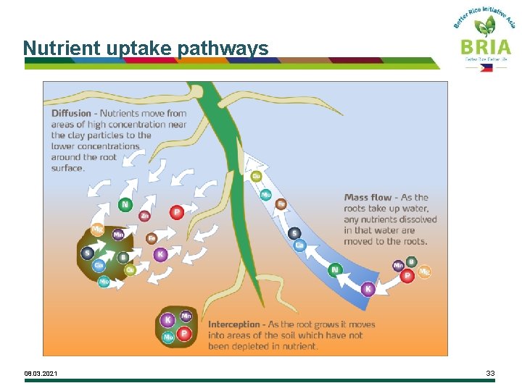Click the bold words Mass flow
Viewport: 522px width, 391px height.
pyautogui.click(x=368, y=197)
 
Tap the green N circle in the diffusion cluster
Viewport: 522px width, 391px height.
pyautogui.click(x=125, y=205)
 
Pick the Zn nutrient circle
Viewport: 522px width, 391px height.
pyautogui.click(x=145, y=215)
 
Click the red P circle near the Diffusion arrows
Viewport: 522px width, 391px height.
pyautogui.click(x=176, y=212)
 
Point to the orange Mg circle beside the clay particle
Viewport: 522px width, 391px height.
pyautogui.click(x=97, y=230)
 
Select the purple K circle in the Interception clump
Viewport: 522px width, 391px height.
pyautogui.click(x=168, y=319)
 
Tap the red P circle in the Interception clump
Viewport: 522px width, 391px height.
pyautogui.click(x=184, y=333)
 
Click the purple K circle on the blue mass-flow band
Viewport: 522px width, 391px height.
pyautogui.click(x=368, y=289)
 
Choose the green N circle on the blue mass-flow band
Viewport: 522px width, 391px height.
pyautogui.click(x=334, y=270)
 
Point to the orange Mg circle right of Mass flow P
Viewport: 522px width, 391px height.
pyautogui.click(x=424, y=272)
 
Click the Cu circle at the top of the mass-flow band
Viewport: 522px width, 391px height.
pyautogui.click(x=256, y=176)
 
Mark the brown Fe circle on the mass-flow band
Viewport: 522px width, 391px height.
pyautogui.click(x=281, y=204)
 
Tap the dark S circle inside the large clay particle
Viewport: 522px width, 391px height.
pyautogui.click(x=88, y=253)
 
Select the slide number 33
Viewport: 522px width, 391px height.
pyautogui.click(x=490, y=373)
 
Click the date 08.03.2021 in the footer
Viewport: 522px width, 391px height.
pyautogui.click(x=41, y=374)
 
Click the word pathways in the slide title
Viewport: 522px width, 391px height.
pyautogui.click(x=223, y=49)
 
